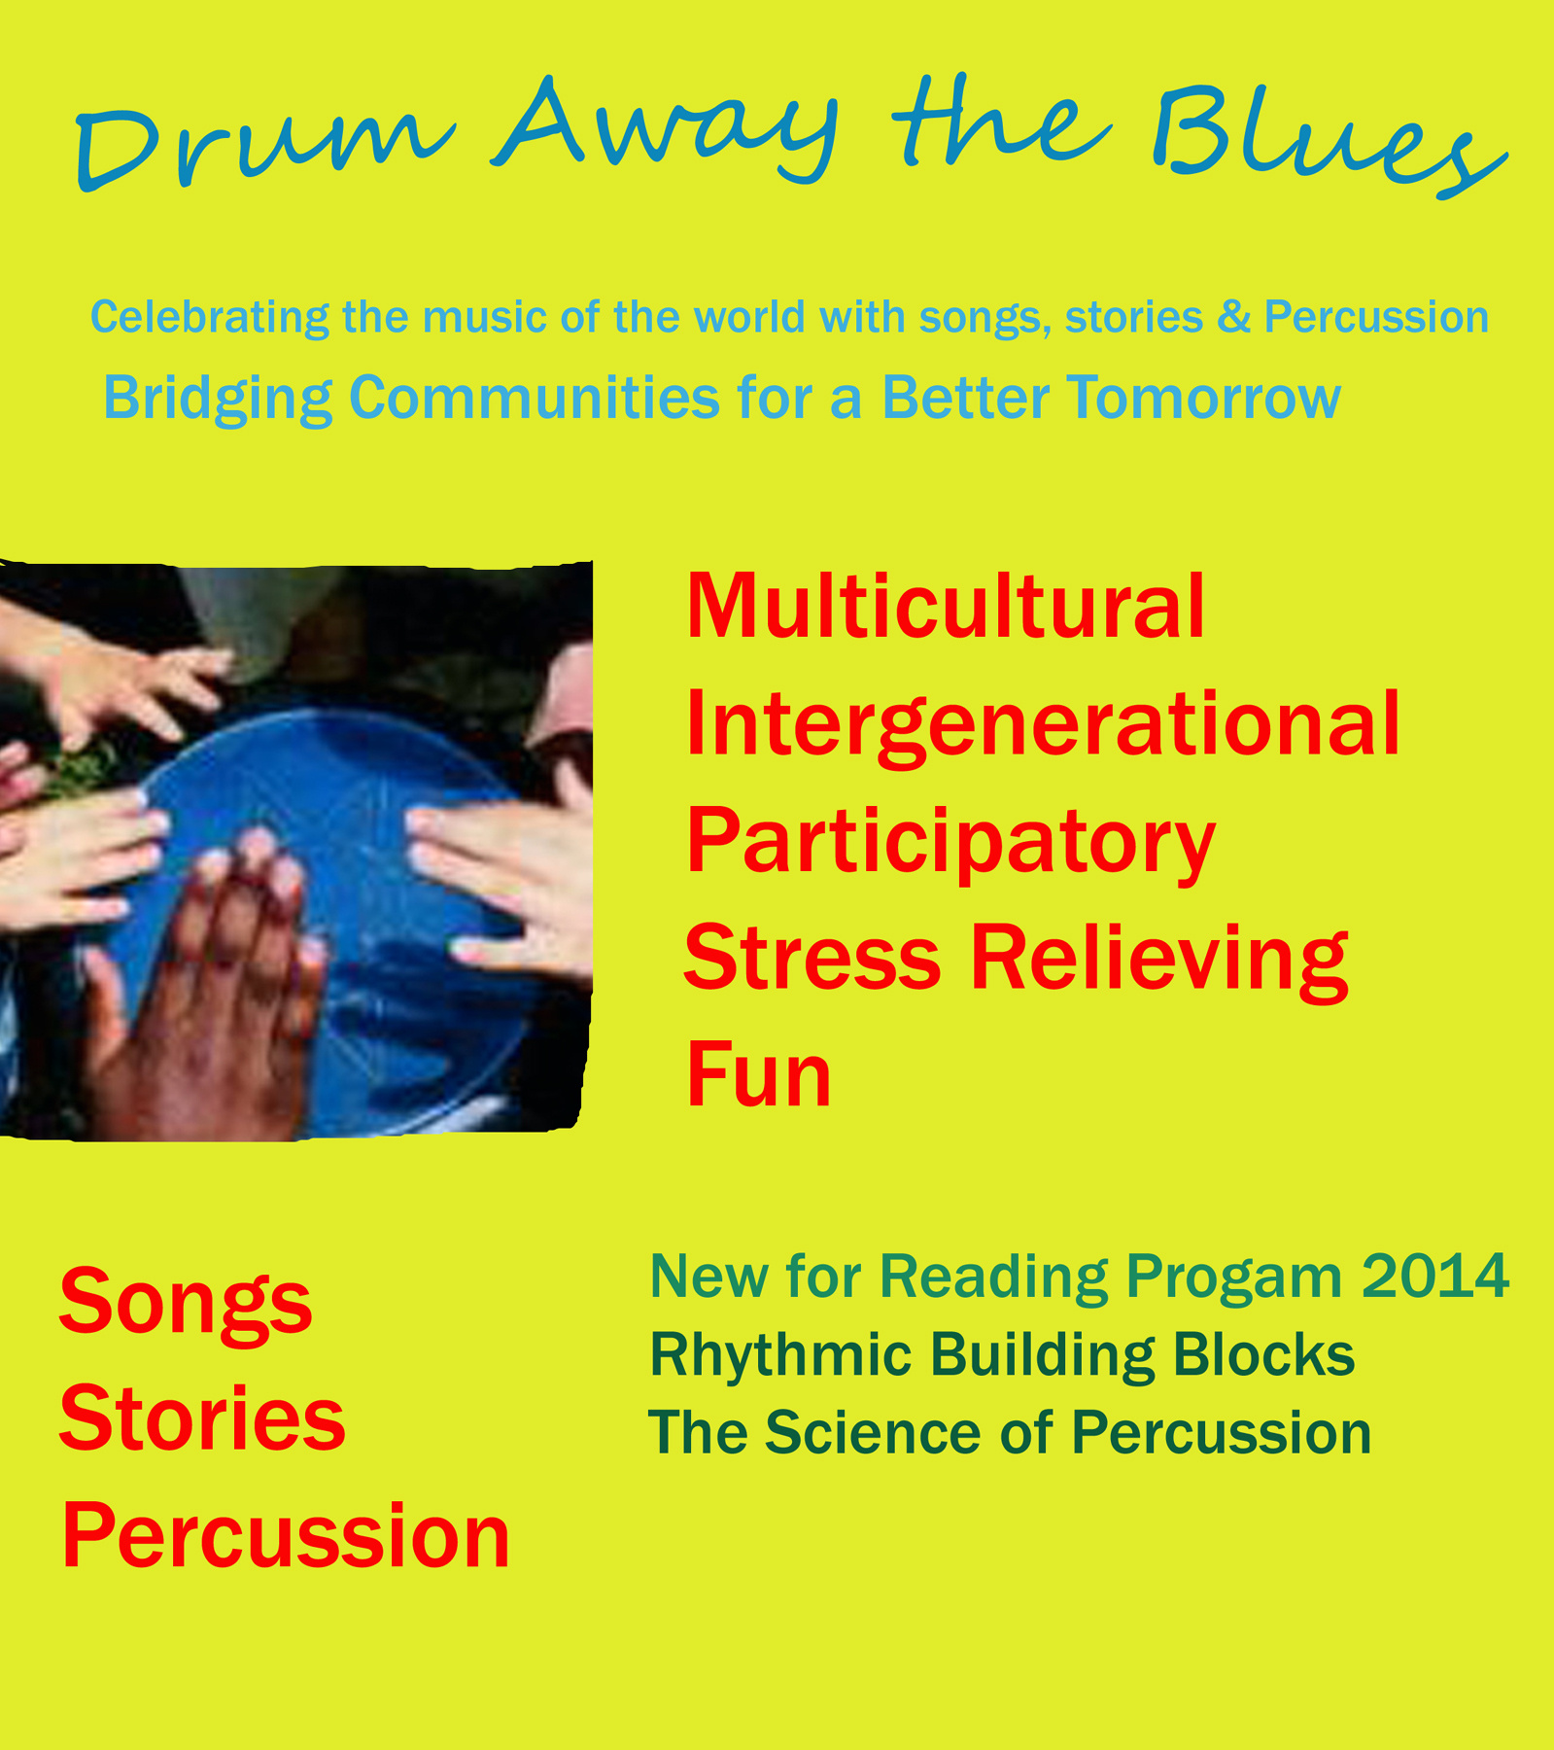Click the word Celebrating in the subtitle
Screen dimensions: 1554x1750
[x=210, y=318]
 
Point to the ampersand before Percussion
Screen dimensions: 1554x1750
[x=1233, y=317]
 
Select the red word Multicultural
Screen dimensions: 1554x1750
[x=946, y=606]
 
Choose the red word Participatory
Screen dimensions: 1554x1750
[x=950, y=844]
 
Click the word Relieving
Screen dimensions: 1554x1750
[x=1159, y=960]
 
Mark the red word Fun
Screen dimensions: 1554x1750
[x=758, y=1074]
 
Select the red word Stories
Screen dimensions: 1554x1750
[x=202, y=1418]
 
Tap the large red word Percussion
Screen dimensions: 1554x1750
[x=286, y=1536]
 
